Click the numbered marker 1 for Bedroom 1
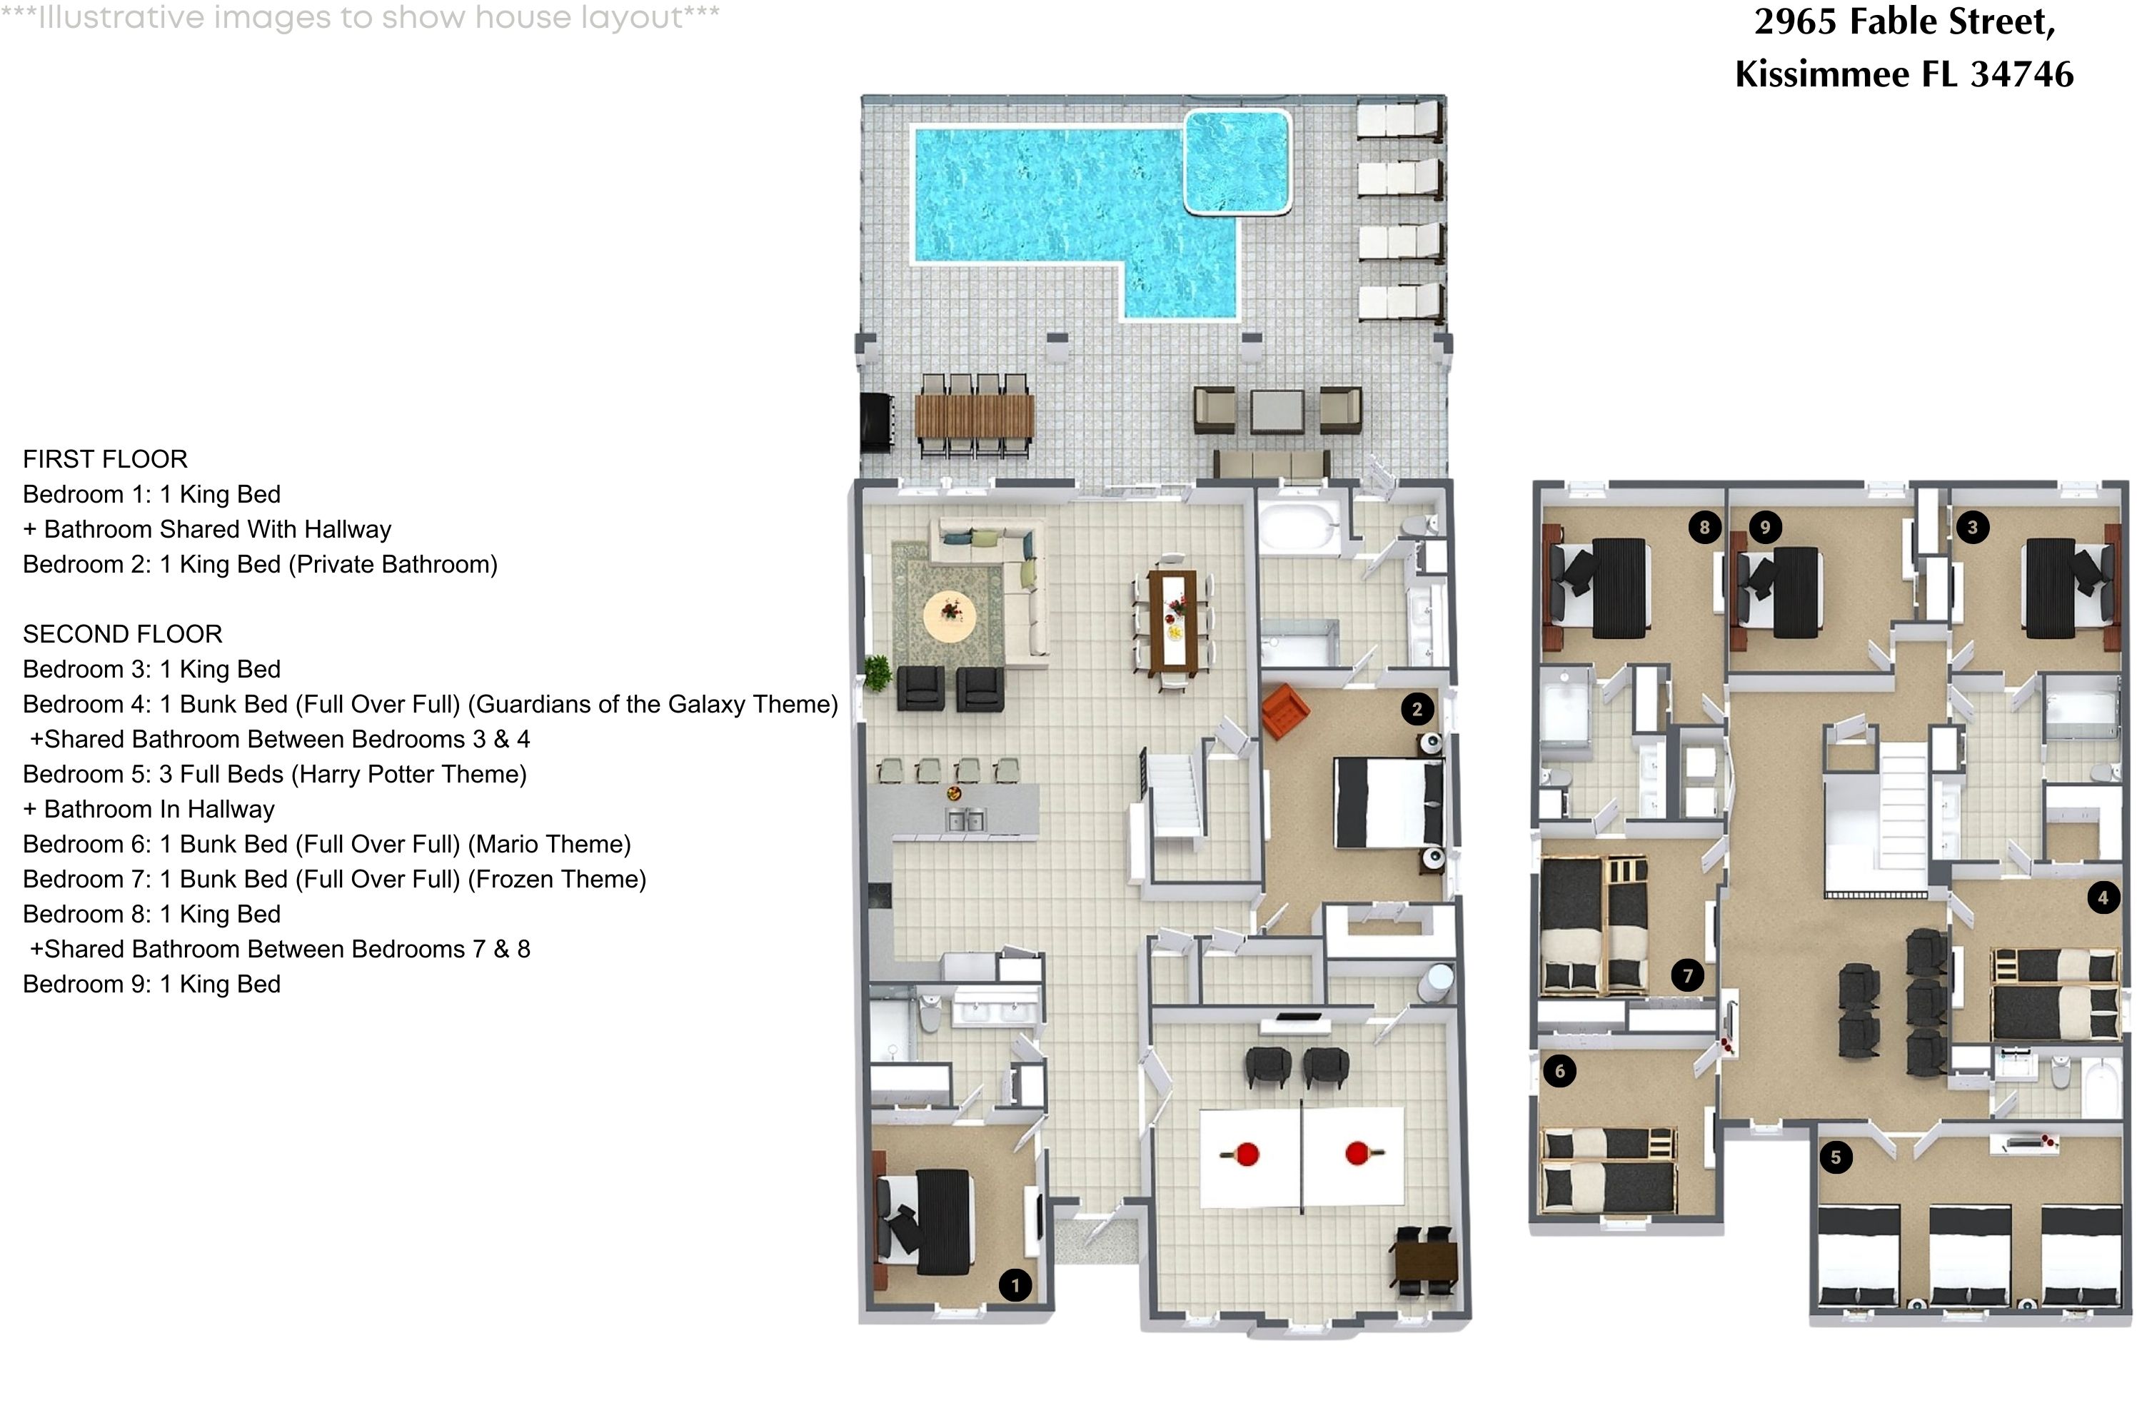[x=1015, y=1285]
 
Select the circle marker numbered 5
[x=1835, y=1157]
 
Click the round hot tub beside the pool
[x=1237, y=162]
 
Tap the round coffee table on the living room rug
[x=950, y=615]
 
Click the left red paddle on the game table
[x=1245, y=1155]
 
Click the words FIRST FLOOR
[x=105, y=459]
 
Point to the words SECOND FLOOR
[x=122, y=634]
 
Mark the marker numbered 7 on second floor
[x=1686, y=976]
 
